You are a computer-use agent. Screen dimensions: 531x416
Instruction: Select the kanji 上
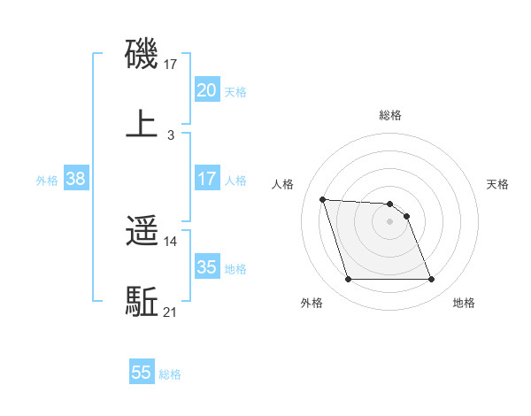tap(142, 123)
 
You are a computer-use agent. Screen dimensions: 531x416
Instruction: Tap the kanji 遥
tap(142, 232)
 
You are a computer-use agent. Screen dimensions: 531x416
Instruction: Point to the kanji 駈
tap(142, 301)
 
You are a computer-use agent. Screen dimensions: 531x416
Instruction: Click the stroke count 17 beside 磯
tap(171, 65)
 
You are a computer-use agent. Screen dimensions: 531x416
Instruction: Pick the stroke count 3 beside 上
tap(171, 135)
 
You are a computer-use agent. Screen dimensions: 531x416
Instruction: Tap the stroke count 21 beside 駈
tap(171, 312)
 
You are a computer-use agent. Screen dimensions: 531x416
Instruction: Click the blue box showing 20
tap(206, 90)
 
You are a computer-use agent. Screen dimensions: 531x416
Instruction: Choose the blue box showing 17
tap(206, 179)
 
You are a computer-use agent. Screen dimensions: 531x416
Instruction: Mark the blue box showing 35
tap(206, 267)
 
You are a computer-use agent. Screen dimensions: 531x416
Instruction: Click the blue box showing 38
tap(76, 179)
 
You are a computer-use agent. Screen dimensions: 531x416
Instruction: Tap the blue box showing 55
tap(142, 373)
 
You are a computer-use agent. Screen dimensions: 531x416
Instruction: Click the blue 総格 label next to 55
tap(170, 374)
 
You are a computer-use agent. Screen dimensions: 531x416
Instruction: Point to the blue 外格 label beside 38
tap(47, 181)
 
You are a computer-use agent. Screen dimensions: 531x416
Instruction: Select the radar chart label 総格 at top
tap(390, 115)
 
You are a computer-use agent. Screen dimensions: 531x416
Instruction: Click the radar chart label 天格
tap(498, 184)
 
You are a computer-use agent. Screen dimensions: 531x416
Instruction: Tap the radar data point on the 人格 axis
tap(323, 199)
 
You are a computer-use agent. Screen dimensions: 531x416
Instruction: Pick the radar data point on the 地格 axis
tap(431, 280)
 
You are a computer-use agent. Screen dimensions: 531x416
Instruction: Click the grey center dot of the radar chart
tap(390, 221)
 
